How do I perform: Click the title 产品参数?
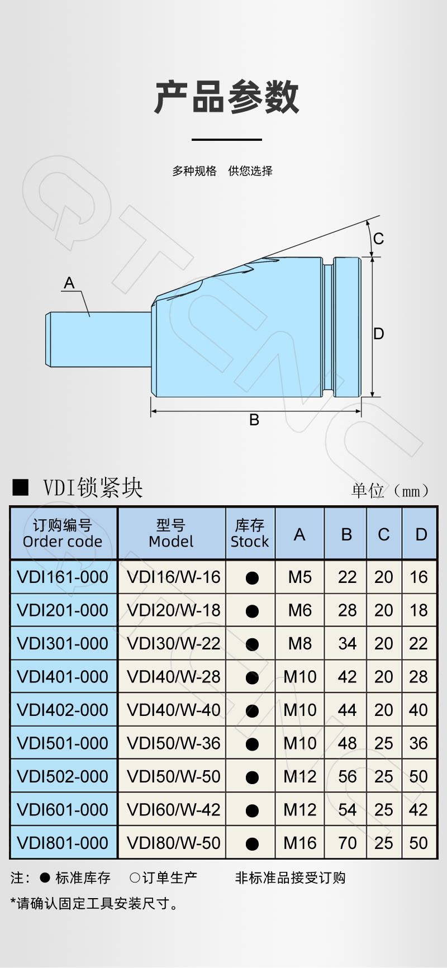pos(227,97)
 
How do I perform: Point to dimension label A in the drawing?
pos(69,283)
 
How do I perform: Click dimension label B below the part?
pos(254,420)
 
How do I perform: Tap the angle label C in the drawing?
pos(378,239)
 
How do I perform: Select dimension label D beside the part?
pos(378,334)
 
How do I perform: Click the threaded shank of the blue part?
pos(98,339)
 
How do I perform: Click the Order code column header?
pos(63,533)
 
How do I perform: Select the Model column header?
pos(171,533)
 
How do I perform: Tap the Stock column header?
pos(250,533)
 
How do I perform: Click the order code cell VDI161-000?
pos(63,577)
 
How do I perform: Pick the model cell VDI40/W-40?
pos(173,710)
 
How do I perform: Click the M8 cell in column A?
pos(299,643)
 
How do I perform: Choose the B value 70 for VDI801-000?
pos(347,843)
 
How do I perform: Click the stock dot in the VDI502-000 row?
pos(252,777)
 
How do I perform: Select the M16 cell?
pos(299,843)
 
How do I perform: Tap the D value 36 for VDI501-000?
pos(419,743)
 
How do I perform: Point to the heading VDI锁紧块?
pos(93,487)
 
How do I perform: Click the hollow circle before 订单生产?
pos(134,878)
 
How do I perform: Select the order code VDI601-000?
pos(63,809)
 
